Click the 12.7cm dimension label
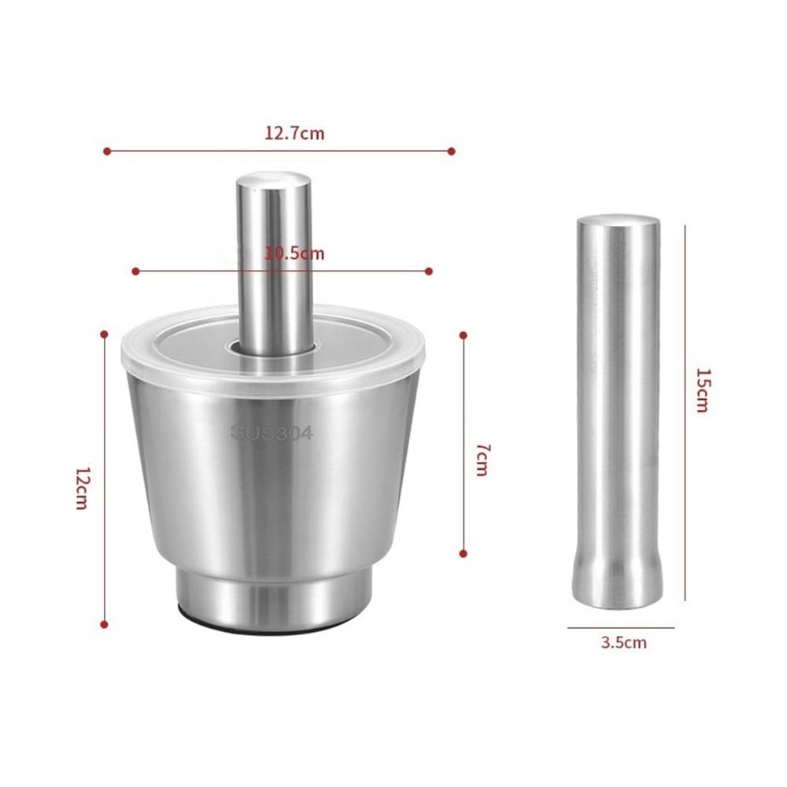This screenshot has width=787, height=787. [294, 134]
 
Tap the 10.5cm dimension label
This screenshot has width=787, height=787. [294, 253]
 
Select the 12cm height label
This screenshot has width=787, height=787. [83, 488]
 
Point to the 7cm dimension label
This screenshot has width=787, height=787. [482, 460]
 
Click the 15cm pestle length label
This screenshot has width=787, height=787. [703, 390]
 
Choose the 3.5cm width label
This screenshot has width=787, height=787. [624, 642]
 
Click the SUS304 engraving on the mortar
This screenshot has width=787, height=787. [272, 432]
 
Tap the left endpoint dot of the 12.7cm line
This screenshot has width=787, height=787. [107, 151]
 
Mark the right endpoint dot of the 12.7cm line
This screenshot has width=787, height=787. [451, 151]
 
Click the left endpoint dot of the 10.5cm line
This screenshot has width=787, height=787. [135, 271]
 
